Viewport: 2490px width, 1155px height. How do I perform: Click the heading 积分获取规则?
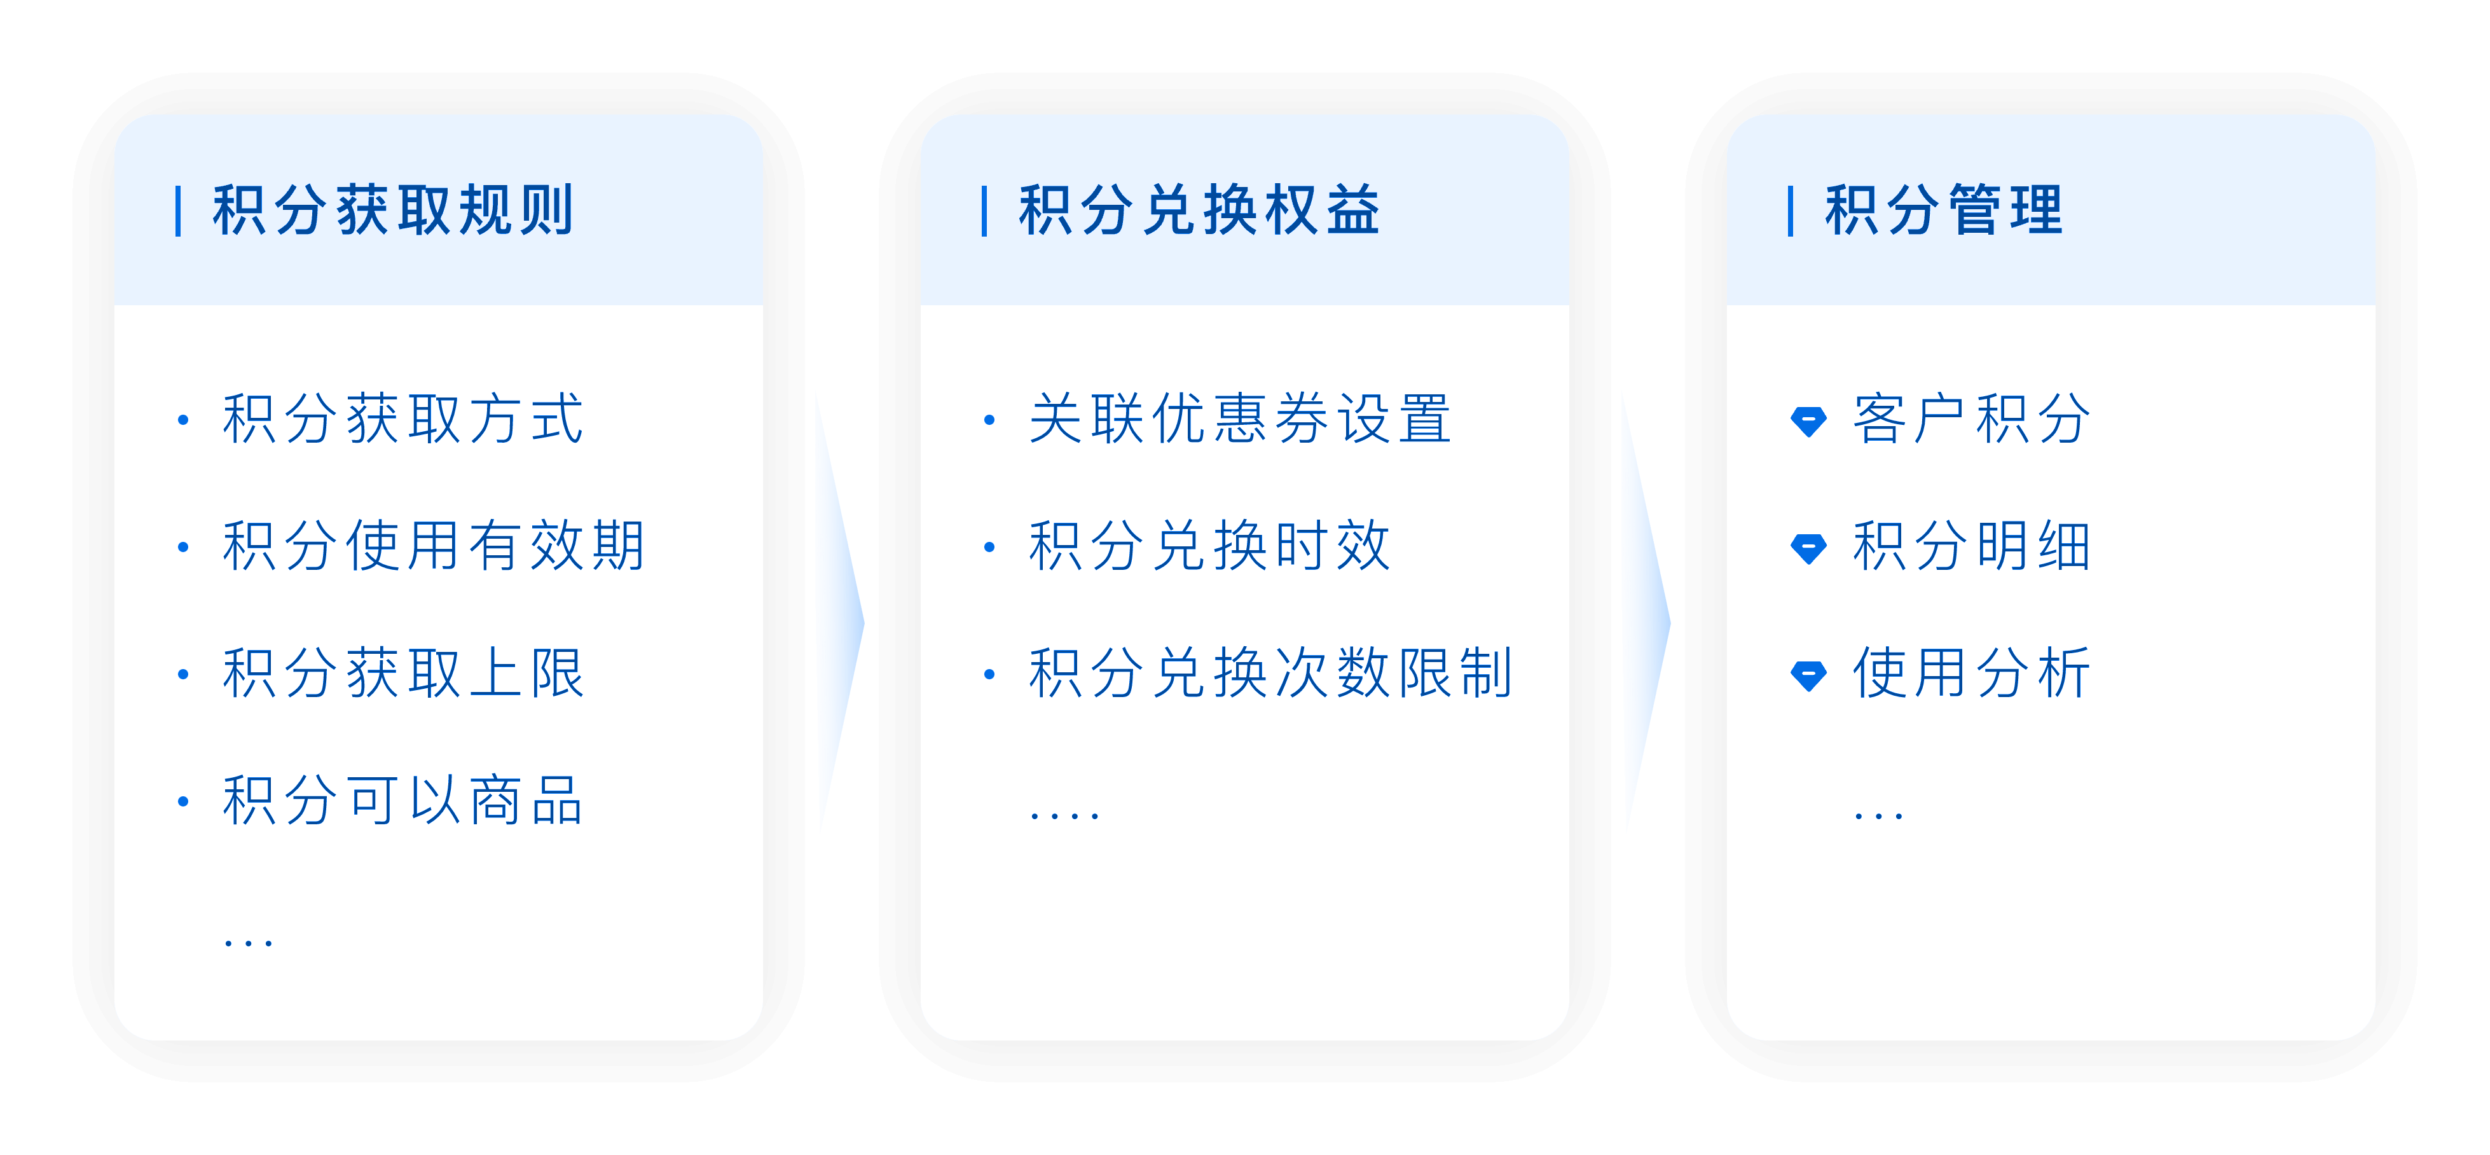(x=392, y=210)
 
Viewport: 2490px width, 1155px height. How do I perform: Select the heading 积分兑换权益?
(x=1199, y=210)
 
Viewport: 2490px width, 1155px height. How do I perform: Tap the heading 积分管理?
(x=1944, y=210)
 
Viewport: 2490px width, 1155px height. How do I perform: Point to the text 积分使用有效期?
(x=433, y=546)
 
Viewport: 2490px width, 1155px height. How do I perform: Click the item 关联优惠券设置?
(x=1240, y=420)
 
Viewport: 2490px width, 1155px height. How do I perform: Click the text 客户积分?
(x=1972, y=420)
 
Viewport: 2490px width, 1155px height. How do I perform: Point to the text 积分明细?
(x=1972, y=546)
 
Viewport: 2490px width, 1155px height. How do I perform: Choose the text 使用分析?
(x=1972, y=674)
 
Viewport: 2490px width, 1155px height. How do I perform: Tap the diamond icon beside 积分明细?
(x=1808, y=548)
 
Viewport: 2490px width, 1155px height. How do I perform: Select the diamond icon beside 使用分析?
(x=1808, y=675)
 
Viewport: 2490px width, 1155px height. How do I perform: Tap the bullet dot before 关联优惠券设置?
(x=989, y=420)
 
